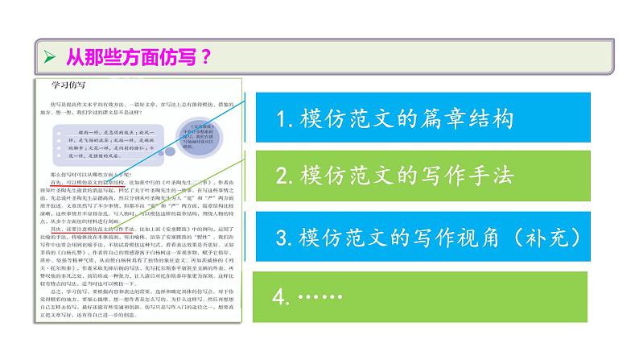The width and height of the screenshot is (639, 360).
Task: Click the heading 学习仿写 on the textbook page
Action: tap(68, 84)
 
